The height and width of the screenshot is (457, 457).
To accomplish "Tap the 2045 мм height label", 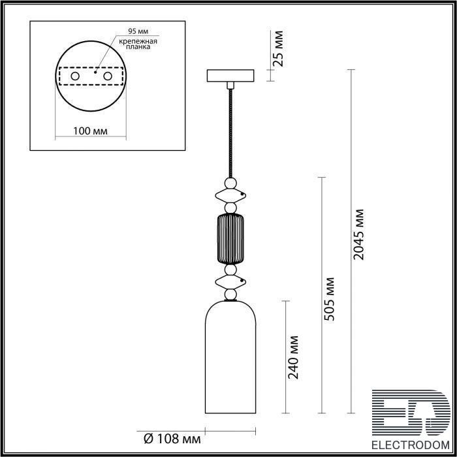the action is coord(358,234).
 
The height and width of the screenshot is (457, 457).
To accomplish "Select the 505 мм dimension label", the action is coord(329,299).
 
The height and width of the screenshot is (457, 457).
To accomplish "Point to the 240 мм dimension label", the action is coord(293,358).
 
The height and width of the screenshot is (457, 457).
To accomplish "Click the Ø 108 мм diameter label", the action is coord(172,439).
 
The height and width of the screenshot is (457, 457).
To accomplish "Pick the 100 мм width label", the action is coord(90,131).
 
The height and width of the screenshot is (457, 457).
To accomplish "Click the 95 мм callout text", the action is coord(138,31).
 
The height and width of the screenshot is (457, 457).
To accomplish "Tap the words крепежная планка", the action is coord(138,44).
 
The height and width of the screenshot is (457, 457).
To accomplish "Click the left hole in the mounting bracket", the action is coord(75,76).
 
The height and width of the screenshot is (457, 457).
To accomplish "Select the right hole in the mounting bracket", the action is coord(108,76).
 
